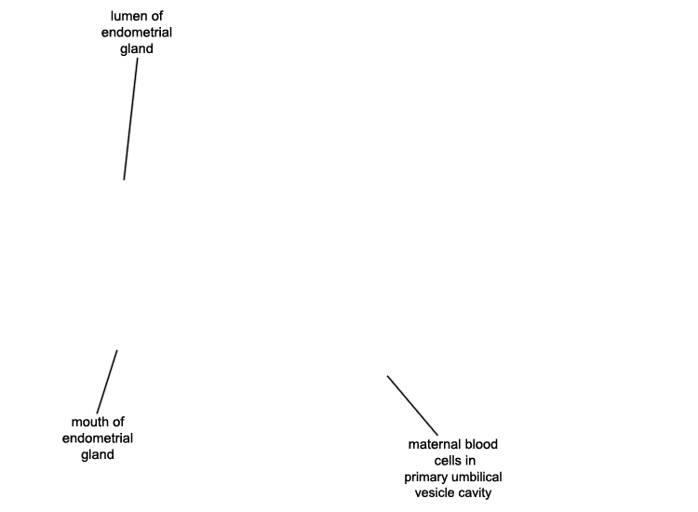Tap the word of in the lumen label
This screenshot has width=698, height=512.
[156, 17]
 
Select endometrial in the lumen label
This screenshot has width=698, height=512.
[137, 33]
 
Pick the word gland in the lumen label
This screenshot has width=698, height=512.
[137, 49]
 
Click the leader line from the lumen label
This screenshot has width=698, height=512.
[130, 119]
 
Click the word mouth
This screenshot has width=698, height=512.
[88, 422]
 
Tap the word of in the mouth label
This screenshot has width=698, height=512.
[118, 422]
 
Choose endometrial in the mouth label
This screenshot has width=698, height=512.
[98, 438]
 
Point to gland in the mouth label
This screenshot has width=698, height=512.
[98, 455]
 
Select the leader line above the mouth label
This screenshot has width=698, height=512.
[107, 382]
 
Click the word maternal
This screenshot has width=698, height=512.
[432, 444]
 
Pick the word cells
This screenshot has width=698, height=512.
[447, 461]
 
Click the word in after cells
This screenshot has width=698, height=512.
[471, 461]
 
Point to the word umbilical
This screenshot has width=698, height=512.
[477, 478]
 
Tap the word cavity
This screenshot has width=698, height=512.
[476, 493]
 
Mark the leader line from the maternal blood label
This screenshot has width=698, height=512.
[412, 406]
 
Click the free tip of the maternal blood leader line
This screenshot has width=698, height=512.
[387, 376]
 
